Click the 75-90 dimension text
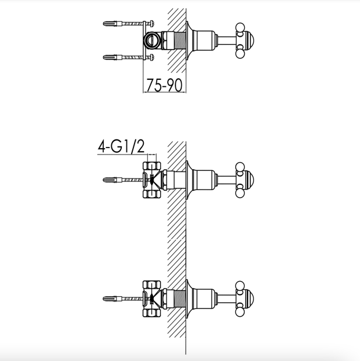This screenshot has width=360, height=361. tap(164, 85)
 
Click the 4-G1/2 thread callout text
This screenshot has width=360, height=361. tap(121, 146)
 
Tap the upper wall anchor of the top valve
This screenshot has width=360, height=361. tap(112, 23)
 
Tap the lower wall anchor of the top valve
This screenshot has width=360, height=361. tap(112, 57)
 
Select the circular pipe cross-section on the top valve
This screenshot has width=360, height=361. tap(151, 40)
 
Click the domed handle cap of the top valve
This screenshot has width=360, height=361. tap(249, 40)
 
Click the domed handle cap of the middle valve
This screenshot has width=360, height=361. tap(249, 180)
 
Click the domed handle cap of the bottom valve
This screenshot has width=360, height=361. tap(249, 299)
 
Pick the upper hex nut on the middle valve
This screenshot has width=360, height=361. tap(152, 166)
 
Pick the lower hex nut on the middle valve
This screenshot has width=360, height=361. tap(152, 194)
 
